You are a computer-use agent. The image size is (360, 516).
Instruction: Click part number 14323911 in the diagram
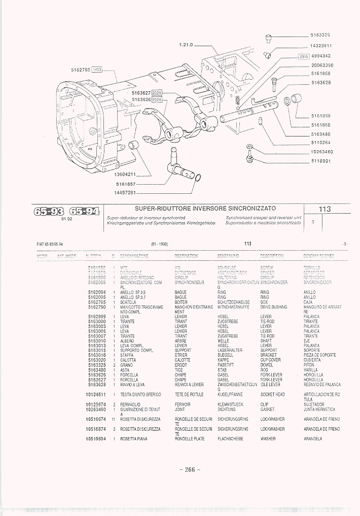(321, 45)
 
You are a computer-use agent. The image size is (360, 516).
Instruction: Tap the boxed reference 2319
(303, 56)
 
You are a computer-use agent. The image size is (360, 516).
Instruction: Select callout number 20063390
(322, 65)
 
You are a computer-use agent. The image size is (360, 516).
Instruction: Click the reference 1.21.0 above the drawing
(187, 45)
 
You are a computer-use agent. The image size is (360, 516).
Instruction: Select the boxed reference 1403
(97, 70)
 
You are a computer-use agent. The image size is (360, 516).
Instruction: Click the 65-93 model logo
(49, 211)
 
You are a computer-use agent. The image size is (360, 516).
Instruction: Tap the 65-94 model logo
(84, 211)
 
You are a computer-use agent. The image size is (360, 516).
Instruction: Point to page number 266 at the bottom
(190, 469)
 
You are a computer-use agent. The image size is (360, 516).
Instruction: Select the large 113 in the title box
(325, 209)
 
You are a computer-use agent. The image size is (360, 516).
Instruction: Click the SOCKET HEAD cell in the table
(272, 394)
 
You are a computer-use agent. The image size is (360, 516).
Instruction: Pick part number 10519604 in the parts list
(96, 438)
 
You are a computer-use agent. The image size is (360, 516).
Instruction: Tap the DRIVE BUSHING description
(273, 307)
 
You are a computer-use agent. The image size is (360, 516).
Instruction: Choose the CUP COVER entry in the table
(270, 360)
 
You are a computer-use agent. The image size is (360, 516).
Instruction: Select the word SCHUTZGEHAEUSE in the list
(234, 302)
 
